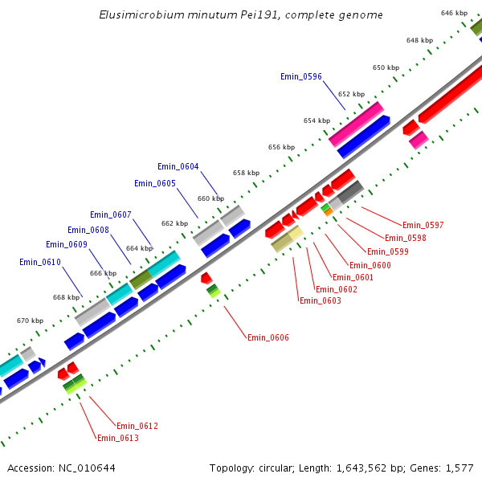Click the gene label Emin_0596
[x=301, y=76]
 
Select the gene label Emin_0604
[x=178, y=166]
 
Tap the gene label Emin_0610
[x=40, y=262]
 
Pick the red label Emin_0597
[x=423, y=225]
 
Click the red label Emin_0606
[x=268, y=337]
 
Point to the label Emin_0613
[x=117, y=438]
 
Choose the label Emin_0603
[x=320, y=300]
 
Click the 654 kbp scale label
[x=317, y=120]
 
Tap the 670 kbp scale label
[x=30, y=321]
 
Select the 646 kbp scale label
[x=454, y=13]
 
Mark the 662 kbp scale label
[x=174, y=223]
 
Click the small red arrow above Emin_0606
[x=206, y=277]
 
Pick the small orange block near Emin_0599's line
[x=329, y=212]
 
